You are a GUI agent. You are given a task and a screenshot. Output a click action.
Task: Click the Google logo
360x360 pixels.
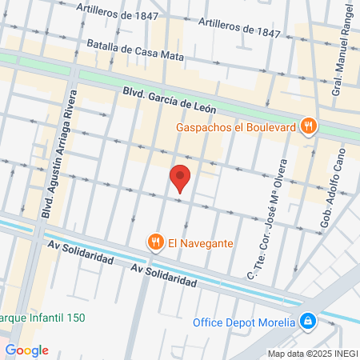click(27, 350)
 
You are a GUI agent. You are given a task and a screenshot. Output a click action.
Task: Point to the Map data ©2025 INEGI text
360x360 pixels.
click(312, 353)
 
